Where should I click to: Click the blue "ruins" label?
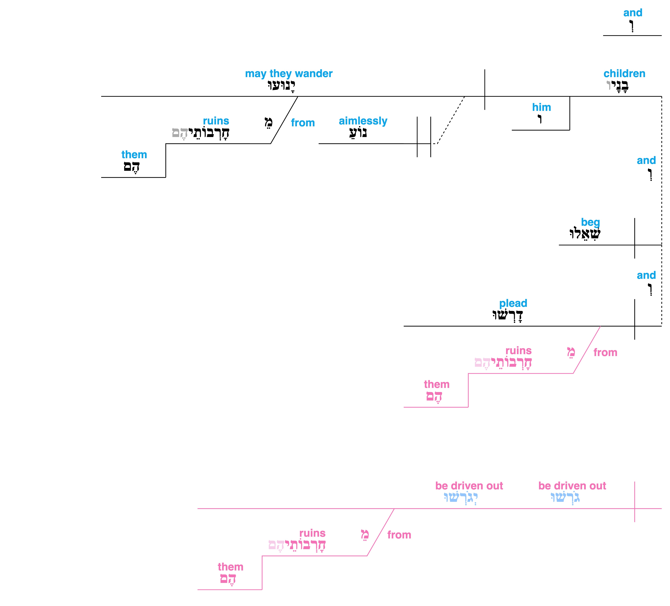point(216,121)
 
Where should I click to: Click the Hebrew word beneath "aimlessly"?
point(358,133)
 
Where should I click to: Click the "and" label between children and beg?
point(646,160)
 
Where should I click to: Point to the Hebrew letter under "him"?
point(540,119)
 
